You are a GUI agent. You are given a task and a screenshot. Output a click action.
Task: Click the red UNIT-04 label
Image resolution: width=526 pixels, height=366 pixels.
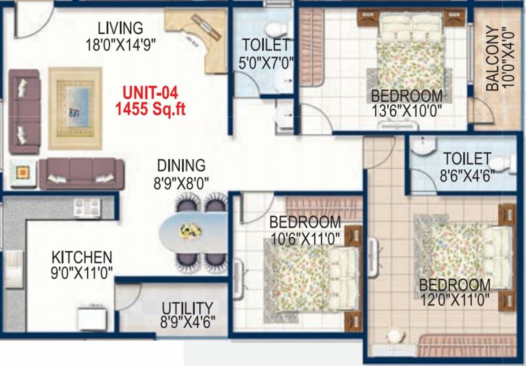(x=150, y=92)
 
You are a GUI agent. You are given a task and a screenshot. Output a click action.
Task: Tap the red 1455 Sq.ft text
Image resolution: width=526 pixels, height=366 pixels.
(x=150, y=109)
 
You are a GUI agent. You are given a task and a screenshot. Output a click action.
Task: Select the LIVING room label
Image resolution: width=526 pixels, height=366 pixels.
(x=120, y=27)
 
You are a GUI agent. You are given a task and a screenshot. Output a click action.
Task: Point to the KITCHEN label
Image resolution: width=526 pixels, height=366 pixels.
(x=82, y=257)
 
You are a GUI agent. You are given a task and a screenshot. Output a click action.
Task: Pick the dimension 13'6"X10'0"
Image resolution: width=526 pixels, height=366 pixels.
(x=407, y=111)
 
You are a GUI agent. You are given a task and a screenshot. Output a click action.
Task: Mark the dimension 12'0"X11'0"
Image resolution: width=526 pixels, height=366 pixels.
(x=454, y=300)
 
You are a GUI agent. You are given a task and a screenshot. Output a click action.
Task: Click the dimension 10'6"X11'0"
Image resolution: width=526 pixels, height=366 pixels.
(x=305, y=237)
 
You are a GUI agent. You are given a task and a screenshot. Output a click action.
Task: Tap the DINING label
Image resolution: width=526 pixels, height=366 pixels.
(x=181, y=165)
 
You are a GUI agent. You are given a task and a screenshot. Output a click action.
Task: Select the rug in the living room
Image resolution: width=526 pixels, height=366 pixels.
(x=75, y=108)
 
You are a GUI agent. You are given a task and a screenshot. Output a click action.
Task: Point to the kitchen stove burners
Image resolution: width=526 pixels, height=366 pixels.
(x=87, y=208)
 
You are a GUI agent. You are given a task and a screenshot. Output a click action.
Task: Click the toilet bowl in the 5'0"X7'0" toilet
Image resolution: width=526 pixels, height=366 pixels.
(x=274, y=29)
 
